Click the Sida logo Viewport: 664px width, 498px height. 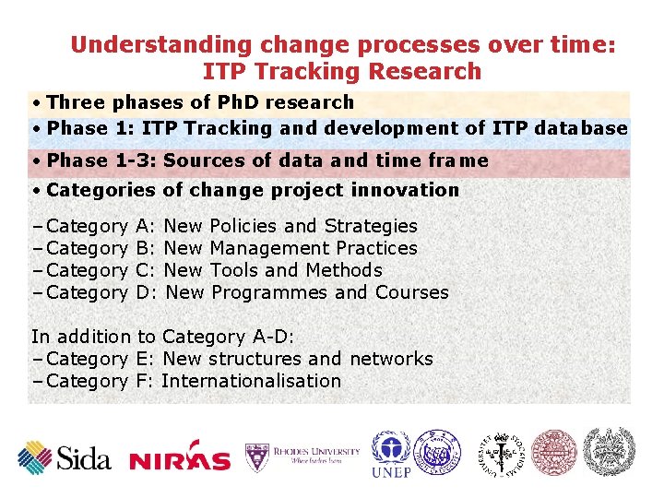coord(65,457)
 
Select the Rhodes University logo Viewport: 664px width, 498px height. coord(302,456)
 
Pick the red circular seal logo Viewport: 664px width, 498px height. coord(554,452)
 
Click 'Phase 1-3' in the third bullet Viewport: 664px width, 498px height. coord(101,160)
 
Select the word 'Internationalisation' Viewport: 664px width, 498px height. coord(251,381)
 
